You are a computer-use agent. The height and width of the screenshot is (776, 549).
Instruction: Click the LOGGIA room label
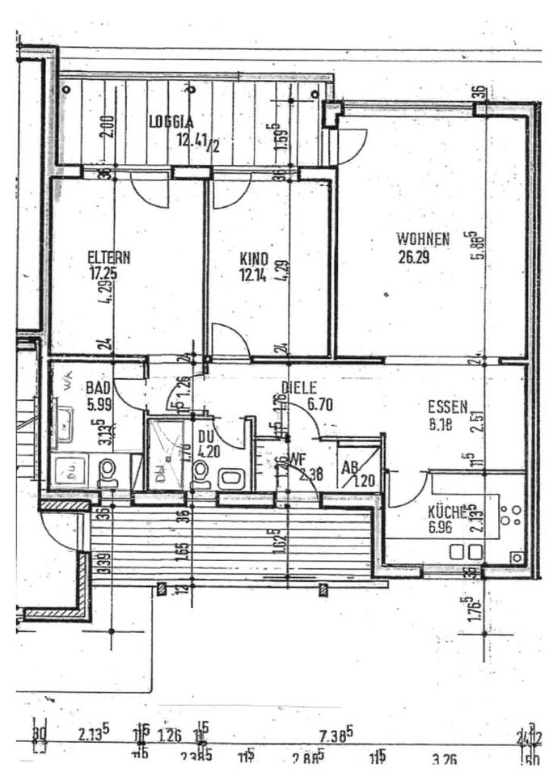(x=171, y=121)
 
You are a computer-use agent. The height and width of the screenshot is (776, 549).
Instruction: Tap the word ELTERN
(x=109, y=258)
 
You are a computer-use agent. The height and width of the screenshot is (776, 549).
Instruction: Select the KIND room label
(x=253, y=258)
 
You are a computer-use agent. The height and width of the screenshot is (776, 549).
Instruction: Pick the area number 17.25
(x=104, y=273)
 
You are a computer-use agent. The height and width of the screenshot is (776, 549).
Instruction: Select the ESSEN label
(x=447, y=407)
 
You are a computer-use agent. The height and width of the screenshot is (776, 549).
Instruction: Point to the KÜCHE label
(x=447, y=511)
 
